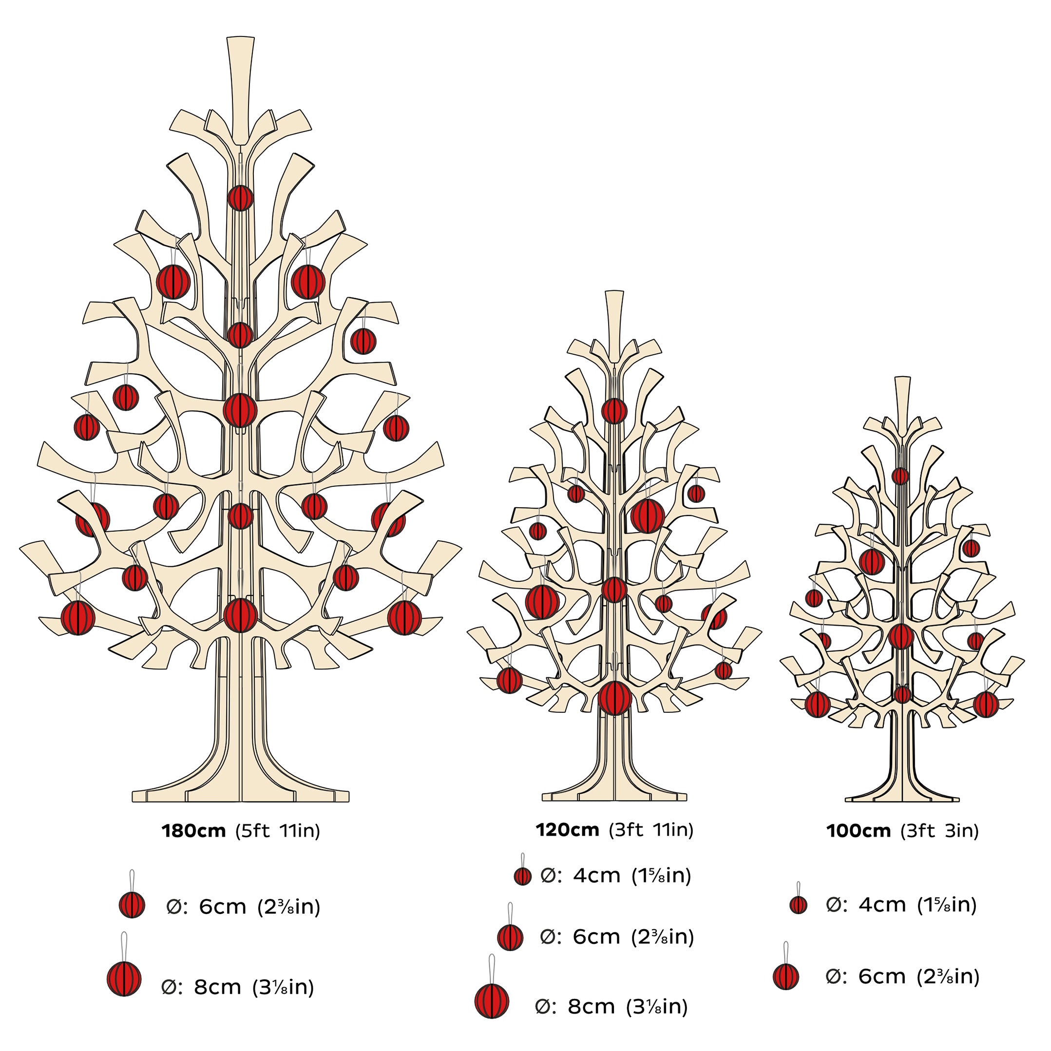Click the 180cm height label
(x=193, y=831)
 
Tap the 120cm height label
(x=567, y=830)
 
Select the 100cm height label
(x=859, y=831)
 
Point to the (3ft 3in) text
(x=939, y=831)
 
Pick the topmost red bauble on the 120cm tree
(x=614, y=411)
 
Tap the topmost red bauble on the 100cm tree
(x=900, y=476)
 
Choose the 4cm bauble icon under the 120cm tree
(x=522, y=877)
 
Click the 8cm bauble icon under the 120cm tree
(x=491, y=999)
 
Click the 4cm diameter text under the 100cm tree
(x=901, y=905)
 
